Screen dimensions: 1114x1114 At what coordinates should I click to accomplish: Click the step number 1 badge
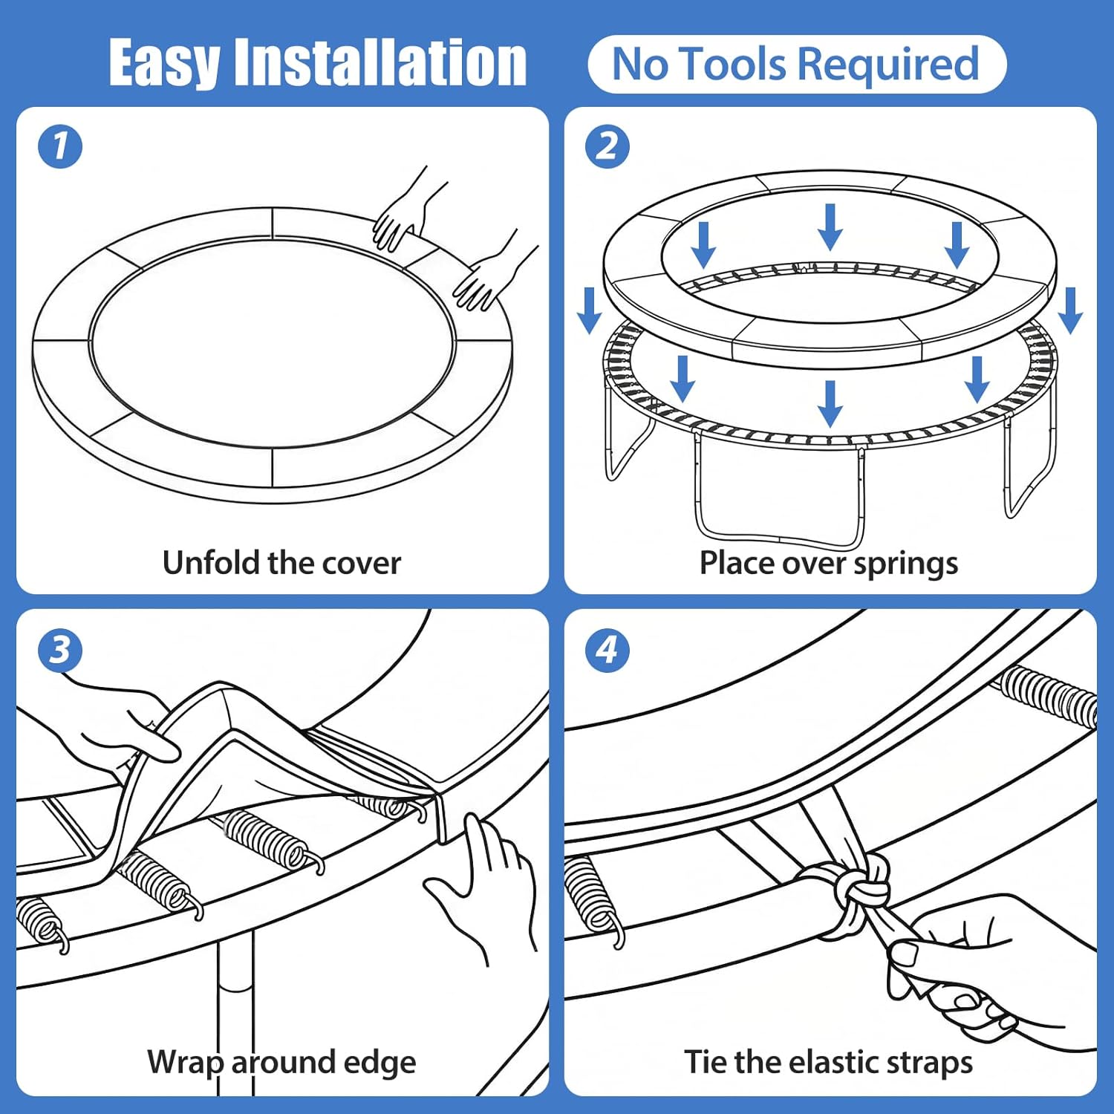click(60, 146)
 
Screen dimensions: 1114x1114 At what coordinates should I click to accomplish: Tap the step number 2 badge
click(607, 146)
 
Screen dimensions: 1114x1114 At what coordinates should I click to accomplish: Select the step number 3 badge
click(60, 651)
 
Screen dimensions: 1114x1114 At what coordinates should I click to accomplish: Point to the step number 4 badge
click(607, 651)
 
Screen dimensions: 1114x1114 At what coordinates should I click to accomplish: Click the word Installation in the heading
click(380, 64)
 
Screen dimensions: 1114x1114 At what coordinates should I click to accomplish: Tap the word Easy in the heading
click(164, 64)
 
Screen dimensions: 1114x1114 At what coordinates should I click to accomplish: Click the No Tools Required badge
click(796, 64)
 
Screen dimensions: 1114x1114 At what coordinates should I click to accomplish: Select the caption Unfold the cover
click(281, 563)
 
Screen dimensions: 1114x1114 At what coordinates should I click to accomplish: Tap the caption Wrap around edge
click(281, 1062)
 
